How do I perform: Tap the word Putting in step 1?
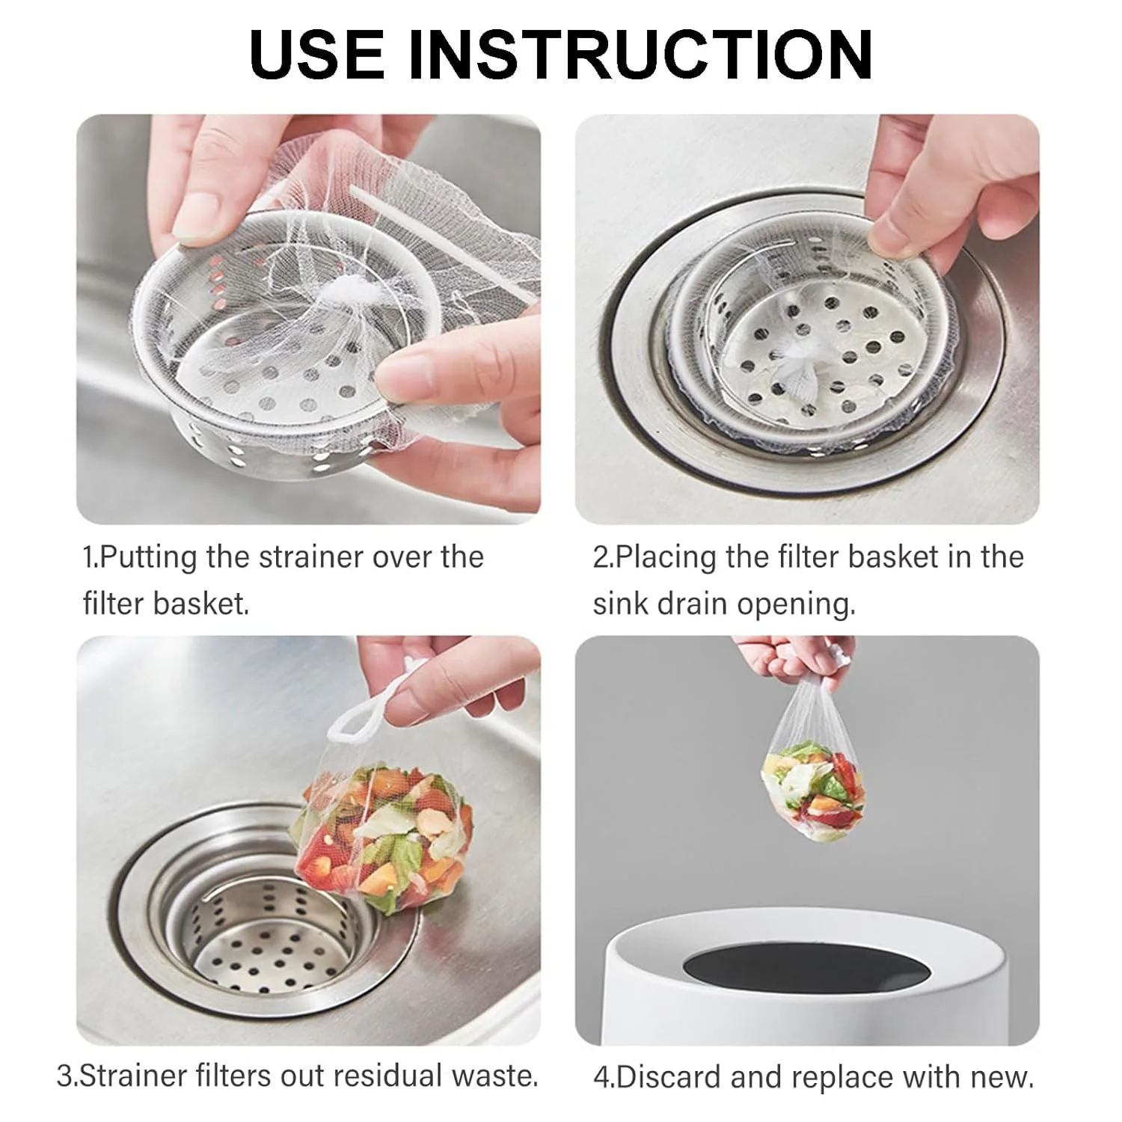[x=148, y=558]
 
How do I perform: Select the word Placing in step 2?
[x=663, y=558]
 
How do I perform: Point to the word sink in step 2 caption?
[x=620, y=604]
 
